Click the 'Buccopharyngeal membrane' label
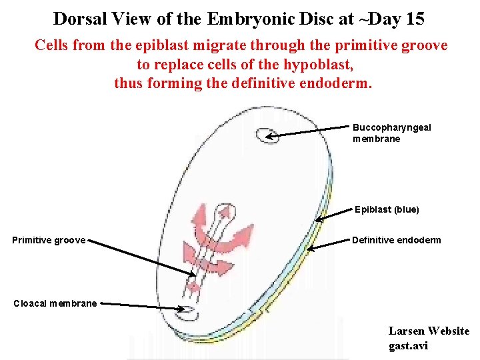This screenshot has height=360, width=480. (x=392, y=133)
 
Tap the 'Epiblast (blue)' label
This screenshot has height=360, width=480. (x=387, y=209)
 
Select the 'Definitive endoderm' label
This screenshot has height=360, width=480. (x=396, y=240)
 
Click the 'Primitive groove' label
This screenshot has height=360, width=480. (x=49, y=240)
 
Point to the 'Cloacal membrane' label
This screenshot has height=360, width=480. (x=55, y=303)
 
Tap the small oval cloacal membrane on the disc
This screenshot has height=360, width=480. (x=189, y=310)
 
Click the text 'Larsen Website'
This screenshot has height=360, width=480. (x=429, y=331)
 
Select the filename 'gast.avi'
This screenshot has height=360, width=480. (x=408, y=345)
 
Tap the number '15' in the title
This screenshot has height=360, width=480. (x=413, y=19)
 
